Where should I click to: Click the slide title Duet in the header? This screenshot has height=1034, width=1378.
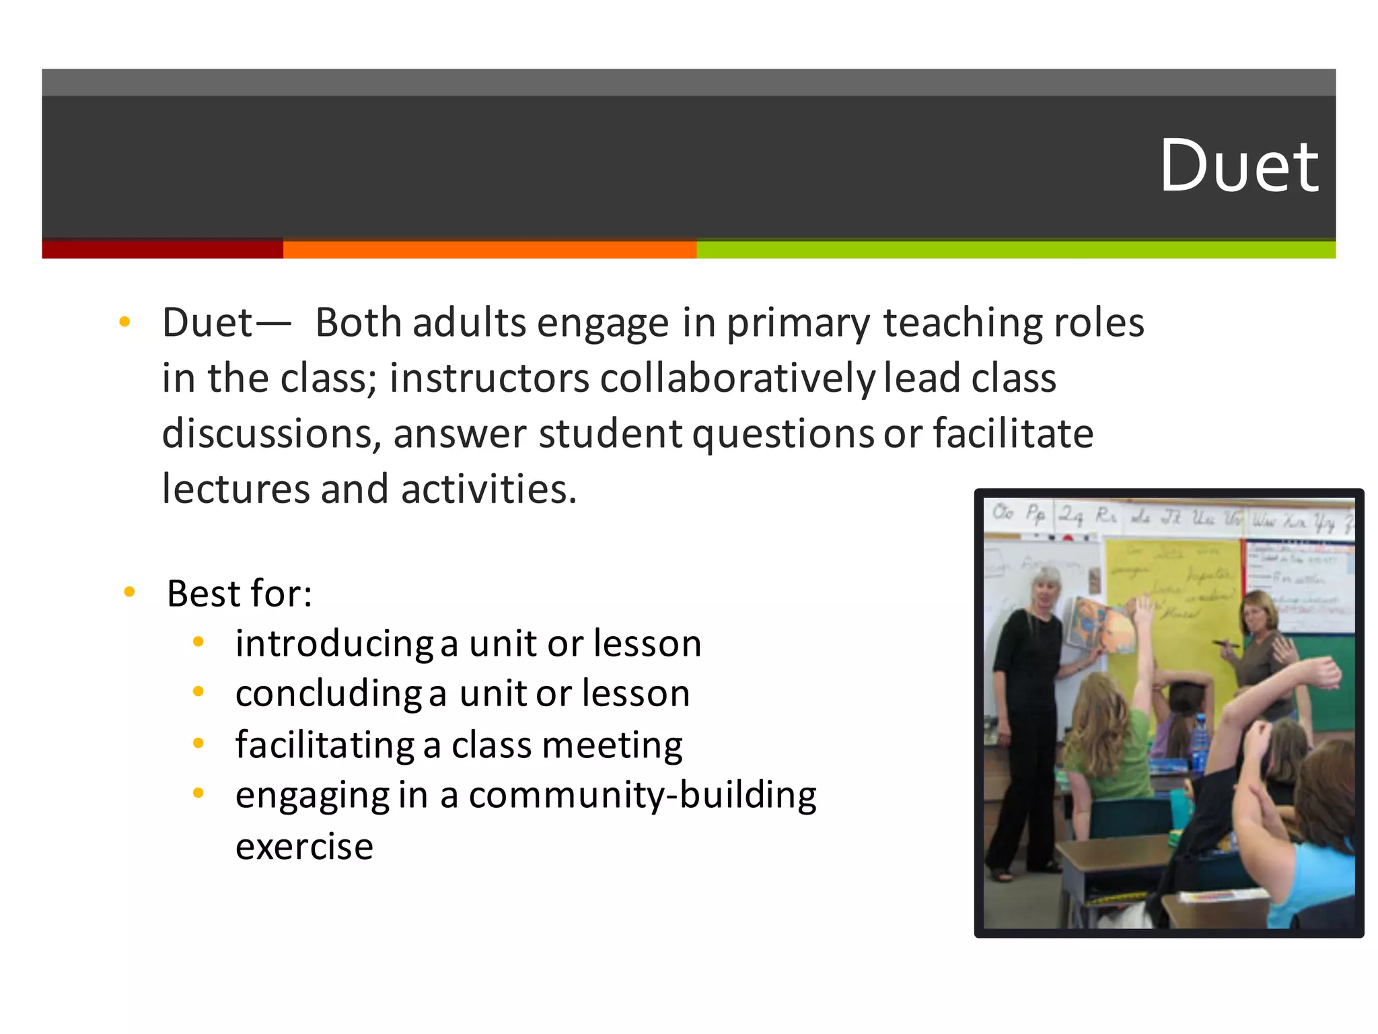[x=1239, y=166]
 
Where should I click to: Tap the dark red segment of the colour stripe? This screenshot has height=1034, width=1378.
[x=162, y=249]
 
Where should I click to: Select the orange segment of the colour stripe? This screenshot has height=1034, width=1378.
[x=489, y=250]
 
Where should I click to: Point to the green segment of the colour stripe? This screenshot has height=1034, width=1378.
[x=1015, y=250]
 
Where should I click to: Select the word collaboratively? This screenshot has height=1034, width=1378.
[x=737, y=378]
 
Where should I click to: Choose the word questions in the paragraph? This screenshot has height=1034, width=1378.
[x=783, y=435]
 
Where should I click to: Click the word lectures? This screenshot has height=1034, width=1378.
[x=236, y=489]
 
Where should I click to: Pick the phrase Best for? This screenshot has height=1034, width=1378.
[x=240, y=594]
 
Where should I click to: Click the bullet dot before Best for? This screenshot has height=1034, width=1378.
[x=130, y=592]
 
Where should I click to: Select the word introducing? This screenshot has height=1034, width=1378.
[x=334, y=644]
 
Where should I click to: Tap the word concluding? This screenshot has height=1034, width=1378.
[x=328, y=694]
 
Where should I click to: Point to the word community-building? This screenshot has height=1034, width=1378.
[x=643, y=795]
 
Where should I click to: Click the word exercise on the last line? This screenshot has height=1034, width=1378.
[x=304, y=846]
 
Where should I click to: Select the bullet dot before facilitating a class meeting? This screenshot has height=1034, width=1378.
[x=198, y=743]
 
